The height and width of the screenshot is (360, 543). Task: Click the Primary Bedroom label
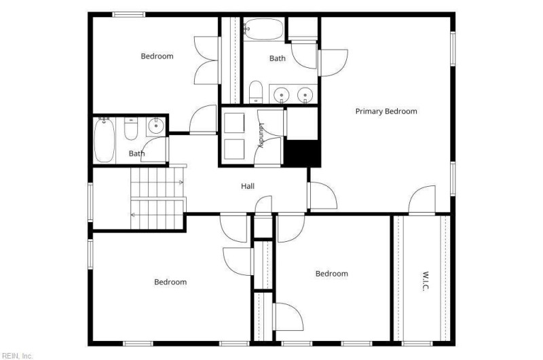386,111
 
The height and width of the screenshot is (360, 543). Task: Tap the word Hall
248,186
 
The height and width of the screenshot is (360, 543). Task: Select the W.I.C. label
426,281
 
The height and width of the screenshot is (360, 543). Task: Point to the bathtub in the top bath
264,29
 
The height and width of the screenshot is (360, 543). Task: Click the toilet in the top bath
256,92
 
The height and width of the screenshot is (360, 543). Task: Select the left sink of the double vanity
282,94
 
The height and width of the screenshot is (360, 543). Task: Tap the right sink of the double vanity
305,94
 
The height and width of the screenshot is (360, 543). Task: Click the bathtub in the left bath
105,140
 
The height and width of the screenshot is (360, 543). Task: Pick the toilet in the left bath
131,128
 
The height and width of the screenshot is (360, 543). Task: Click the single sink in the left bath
156,126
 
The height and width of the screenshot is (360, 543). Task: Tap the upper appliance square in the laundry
234,123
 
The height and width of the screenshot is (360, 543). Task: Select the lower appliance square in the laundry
234,149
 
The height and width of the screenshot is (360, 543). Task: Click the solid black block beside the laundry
301,153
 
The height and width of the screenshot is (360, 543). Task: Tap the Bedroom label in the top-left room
157,56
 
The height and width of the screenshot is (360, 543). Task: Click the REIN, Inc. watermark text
17,356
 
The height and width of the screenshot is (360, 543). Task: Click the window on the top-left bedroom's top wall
128,14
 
